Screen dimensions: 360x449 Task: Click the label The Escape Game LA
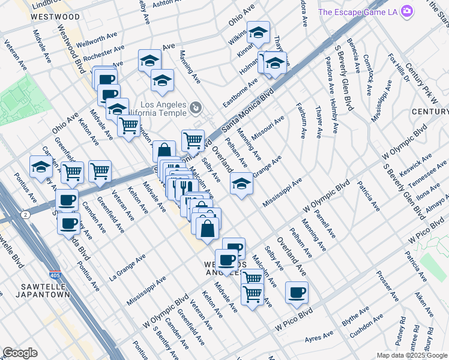click(358, 11)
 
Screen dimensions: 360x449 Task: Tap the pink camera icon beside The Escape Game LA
click(408, 11)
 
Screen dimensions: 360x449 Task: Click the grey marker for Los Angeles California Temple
click(196, 109)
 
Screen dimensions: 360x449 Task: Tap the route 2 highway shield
click(25, 214)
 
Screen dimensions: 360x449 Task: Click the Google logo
click(20, 353)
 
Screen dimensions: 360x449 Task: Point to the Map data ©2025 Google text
click(412, 355)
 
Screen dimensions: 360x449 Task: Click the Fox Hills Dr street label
click(398, 67)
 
